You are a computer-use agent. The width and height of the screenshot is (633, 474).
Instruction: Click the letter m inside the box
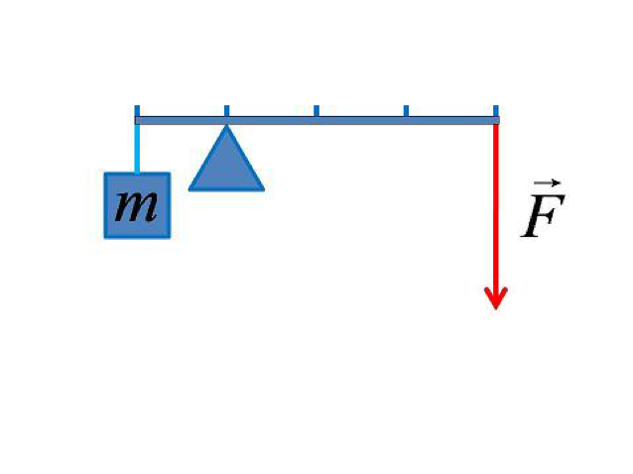(137, 205)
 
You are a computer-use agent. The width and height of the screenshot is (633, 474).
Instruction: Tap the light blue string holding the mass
(137, 148)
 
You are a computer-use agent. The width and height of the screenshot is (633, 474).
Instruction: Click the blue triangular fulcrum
(226, 164)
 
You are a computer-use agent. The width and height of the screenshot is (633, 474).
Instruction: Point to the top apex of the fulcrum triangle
(226, 126)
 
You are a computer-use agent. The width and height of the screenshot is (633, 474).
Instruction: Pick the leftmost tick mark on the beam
(137, 110)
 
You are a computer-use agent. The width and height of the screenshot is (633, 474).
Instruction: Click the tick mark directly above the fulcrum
(226, 110)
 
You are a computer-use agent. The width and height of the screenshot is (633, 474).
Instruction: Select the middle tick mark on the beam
(316, 110)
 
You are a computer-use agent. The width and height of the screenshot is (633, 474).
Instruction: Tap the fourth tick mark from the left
(405, 110)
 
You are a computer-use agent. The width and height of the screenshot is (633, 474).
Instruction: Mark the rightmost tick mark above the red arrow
(494, 110)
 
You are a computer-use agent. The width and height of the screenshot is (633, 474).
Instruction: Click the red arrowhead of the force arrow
(495, 297)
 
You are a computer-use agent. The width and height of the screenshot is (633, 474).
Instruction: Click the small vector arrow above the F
(547, 184)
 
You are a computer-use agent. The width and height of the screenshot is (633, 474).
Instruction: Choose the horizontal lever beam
(317, 120)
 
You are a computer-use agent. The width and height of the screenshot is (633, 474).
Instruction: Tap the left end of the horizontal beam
(137, 120)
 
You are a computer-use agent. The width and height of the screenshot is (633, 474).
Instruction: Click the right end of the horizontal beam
(497, 120)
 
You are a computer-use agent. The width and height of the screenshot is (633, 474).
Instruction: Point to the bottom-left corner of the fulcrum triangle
(190, 187)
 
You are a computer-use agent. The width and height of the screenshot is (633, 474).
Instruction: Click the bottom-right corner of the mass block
(169, 236)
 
